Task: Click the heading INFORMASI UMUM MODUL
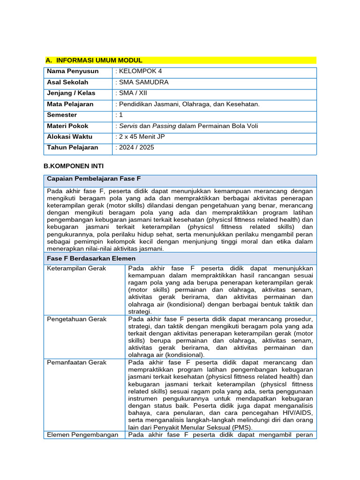point(99,60)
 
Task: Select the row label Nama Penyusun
point(73,71)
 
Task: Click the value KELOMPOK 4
point(140,71)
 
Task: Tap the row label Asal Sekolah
point(67,82)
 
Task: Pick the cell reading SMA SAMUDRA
point(143,82)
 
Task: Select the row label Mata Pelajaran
point(70,104)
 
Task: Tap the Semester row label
point(62,115)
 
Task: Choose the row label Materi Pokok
point(67,126)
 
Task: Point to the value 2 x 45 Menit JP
point(140,137)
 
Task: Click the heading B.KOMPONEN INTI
point(74,166)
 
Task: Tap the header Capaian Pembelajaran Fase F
point(94,179)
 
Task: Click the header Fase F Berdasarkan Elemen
point(91,258)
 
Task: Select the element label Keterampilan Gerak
point(77,269)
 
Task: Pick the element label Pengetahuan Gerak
point(77,319)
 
